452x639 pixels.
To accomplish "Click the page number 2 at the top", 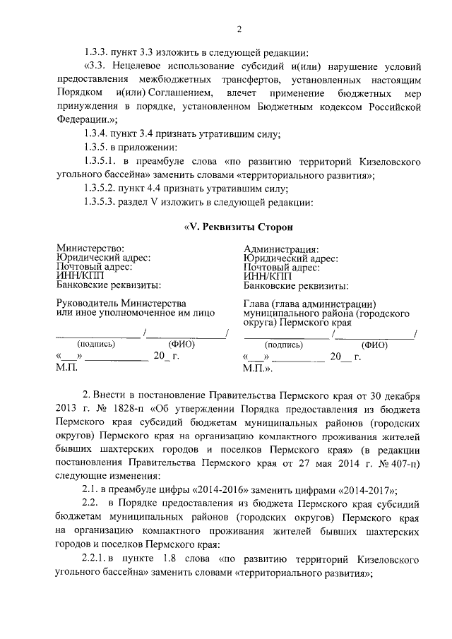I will click(239, 29).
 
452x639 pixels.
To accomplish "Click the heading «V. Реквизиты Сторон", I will click(237, 227).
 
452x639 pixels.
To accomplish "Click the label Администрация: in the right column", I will click(281, 249).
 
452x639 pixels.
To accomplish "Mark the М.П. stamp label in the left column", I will click(66, 368).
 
